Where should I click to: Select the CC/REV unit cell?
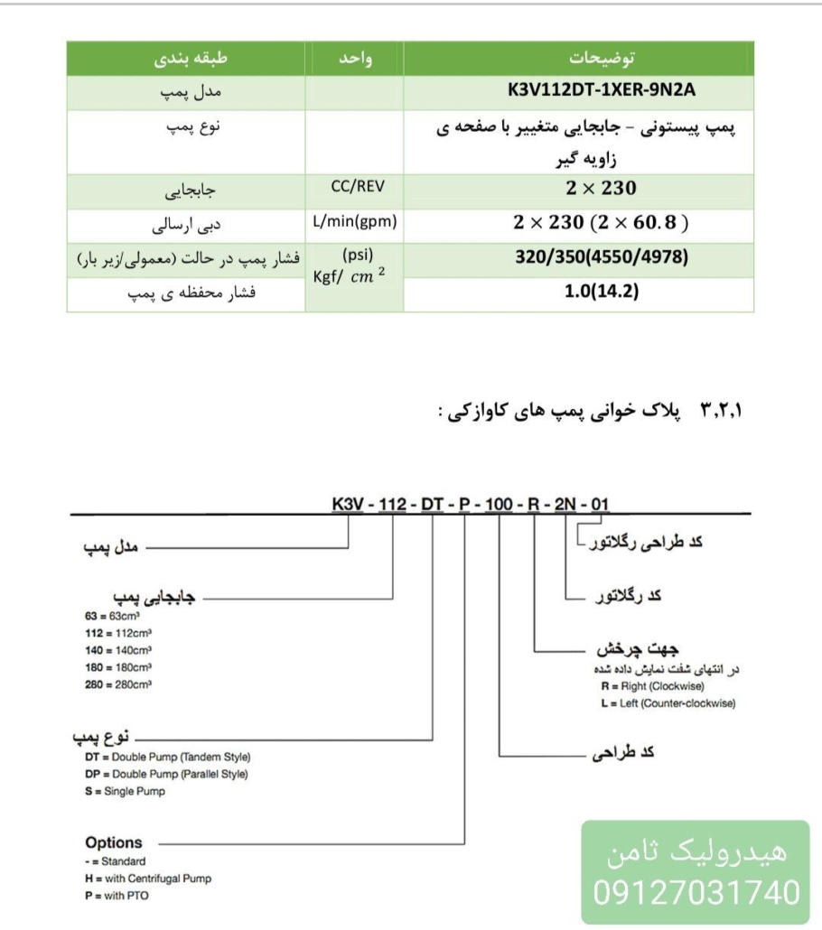[x=354, y=187]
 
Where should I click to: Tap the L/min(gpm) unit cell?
[x=354, y=220]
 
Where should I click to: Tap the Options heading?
[x=114, y=842]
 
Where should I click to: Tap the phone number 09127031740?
[x=696, y=893]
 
